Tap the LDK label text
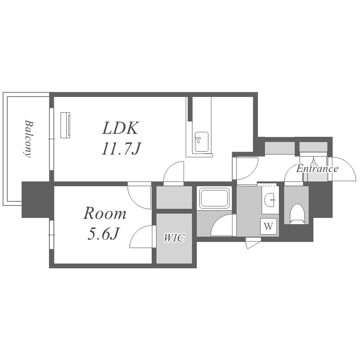[120, 128]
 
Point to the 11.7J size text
[120, 149]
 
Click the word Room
[106, 213]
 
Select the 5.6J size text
[103, 234]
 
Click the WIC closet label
[174, 238]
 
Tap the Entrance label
[317, 169]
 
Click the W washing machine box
[268, 227]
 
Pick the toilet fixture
[298, 213]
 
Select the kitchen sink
[202, 138]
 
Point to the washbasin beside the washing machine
[271, 199]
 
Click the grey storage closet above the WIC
[174, 197]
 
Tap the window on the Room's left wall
[51, 234]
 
